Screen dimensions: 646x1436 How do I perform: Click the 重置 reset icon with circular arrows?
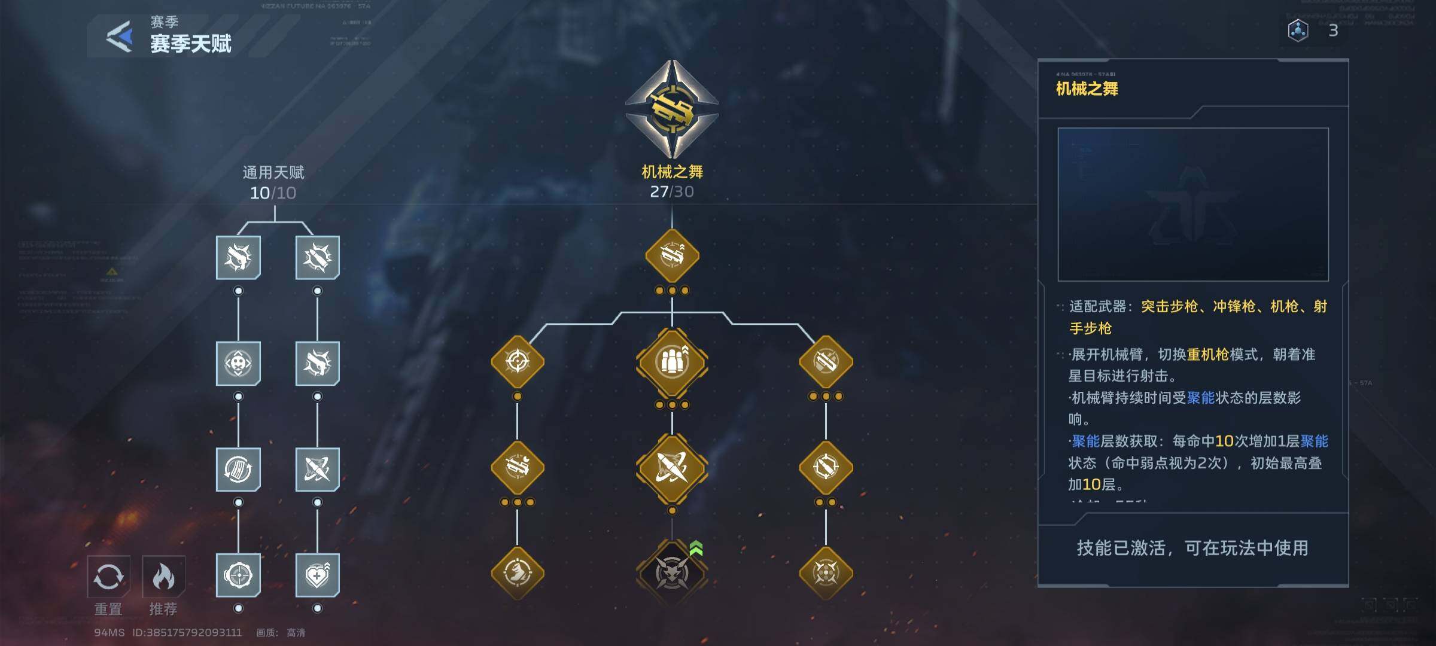click(x=108, y=577)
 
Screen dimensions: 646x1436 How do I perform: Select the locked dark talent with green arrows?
click(x=672, y=572)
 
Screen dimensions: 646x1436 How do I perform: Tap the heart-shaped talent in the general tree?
click(x=317, y=575)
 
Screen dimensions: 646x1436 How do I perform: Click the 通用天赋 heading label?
click(x=273, y=173)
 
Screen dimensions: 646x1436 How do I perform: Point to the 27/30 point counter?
click(x=672, y=192)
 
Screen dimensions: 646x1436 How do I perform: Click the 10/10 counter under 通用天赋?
click(x=273, y=193)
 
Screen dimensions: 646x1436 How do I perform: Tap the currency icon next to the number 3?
click(x=1298, y=31)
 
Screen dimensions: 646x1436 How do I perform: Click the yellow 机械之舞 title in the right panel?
click(x=1087, y=89)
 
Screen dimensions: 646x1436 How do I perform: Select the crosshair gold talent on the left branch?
click(x=518, y=362)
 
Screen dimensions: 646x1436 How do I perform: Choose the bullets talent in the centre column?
click(x=672, y=362)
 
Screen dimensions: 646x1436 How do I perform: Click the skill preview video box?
click(x=1193, y=204)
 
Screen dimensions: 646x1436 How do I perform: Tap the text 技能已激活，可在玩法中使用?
click(x=1192, y=548)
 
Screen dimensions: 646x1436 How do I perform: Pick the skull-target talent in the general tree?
click(x=238, y=363)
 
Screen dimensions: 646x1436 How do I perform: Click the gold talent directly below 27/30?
click(x=672, y=256)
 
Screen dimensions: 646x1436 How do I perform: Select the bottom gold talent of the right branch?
click(x=826, y=572)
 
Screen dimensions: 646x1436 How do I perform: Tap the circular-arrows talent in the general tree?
click(x=238, y=469)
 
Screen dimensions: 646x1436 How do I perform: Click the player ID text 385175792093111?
click(x=187, y=632)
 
